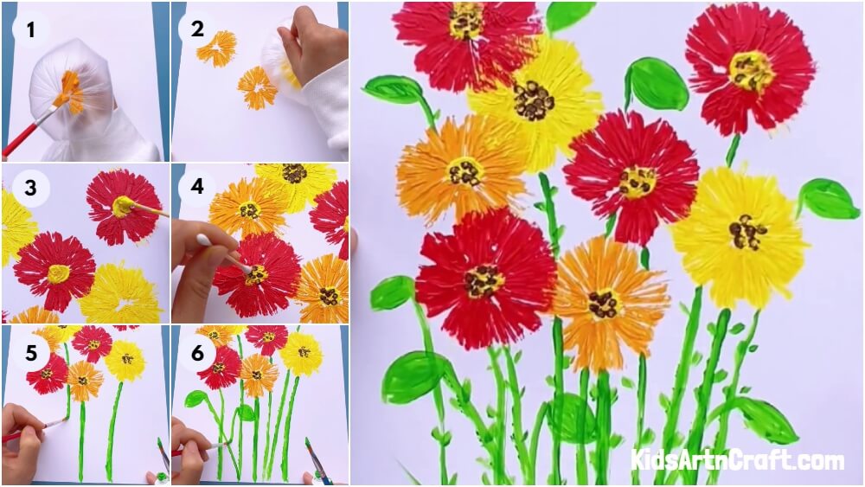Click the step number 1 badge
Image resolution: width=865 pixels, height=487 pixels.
click(30, 29)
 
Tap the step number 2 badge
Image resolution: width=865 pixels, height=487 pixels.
click(197, 29)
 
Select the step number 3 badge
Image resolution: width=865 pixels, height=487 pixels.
click(30, 188)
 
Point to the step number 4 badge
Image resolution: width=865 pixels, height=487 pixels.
click(197, 187)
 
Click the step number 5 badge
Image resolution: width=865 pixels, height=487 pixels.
click(30, 352)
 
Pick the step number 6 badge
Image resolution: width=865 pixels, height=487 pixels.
click(197, 352)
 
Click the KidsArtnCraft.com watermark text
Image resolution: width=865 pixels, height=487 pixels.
click(738, 459)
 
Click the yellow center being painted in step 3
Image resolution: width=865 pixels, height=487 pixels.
click(123, 206)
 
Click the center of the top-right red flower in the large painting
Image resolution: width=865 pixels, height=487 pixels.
click(750, 71)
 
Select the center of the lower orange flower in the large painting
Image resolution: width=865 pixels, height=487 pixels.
click(604, 304)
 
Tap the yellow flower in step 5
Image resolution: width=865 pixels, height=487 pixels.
click(125, 361)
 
